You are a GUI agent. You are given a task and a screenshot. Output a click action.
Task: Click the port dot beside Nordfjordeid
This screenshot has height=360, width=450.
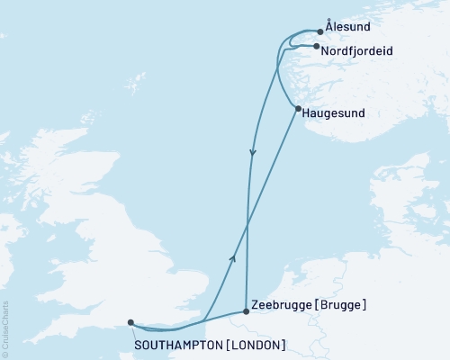pyautogui.click(x=316, y=47)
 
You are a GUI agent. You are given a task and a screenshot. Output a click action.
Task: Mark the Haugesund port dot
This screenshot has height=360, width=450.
pyautogui.click(x=297, y=109)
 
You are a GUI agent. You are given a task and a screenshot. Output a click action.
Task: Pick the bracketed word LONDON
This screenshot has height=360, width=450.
pyautogui.click(x=258, y=345)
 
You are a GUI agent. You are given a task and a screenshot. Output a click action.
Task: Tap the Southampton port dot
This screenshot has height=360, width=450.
pyautogui.click(x=130, y=322)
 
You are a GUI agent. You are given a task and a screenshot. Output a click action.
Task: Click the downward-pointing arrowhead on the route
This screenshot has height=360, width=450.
pyautogui.click(x=252, y=152)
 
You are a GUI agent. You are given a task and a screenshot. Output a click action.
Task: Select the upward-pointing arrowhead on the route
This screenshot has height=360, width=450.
pyautogui.click(x=232, y=258)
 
